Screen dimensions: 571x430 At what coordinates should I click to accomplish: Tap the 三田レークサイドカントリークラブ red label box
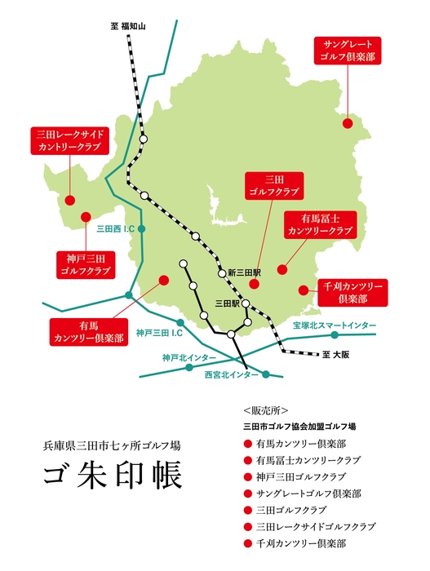69,141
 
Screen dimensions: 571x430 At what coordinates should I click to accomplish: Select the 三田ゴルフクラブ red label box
273,185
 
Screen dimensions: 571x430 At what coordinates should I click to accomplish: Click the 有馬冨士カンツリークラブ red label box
319,224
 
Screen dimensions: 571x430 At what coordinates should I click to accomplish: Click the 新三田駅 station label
243,272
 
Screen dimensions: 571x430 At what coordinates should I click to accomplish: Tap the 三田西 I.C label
114,229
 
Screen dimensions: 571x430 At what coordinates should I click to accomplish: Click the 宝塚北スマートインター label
335,325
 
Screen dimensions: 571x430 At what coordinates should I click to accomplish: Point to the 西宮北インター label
230,374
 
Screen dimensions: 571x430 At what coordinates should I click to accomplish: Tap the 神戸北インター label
188,357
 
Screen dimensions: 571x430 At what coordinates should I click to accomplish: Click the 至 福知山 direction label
127,26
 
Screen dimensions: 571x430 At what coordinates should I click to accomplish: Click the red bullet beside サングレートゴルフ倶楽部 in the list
247,494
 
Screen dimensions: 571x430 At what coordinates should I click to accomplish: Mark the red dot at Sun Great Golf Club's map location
348,123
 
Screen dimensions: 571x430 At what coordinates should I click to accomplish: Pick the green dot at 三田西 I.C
141,229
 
